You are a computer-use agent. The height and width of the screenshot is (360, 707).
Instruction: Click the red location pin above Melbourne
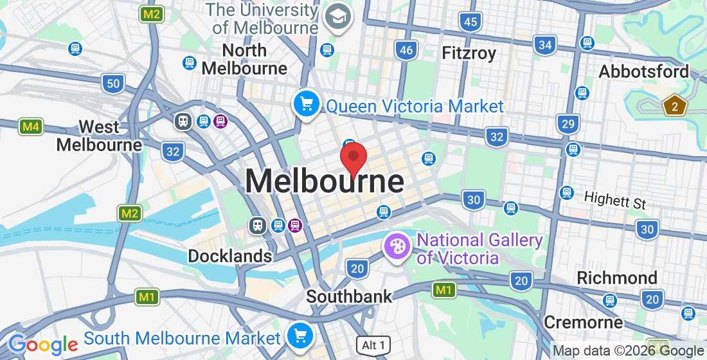click(353, 158)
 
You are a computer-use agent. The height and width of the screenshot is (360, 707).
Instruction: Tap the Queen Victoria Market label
click(415, 106)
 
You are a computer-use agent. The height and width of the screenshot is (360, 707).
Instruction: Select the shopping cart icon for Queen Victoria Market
click(307, 103)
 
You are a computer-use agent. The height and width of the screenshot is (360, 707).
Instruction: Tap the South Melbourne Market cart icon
click(300, 335)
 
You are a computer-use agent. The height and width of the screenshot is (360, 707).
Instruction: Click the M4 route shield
click(31, 127)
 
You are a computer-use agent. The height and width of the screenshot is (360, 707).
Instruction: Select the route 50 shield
click(113, 82)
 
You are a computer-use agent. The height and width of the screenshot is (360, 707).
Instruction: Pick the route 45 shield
click(470, 22)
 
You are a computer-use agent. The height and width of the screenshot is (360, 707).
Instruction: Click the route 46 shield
click(406, 50)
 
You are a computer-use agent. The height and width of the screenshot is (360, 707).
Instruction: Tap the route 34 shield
click(545, 44)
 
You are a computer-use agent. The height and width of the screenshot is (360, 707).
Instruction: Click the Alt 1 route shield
click(373, 345)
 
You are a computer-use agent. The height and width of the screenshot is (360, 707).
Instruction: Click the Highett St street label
click(614, 201)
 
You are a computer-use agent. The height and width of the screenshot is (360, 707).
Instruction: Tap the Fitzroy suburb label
click(469, 53)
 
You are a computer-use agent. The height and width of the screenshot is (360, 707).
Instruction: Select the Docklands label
click(229, 256)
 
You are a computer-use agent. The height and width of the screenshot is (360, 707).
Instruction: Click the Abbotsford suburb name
click(643, 71)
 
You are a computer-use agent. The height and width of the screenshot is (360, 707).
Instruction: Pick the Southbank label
click(349, 296)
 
